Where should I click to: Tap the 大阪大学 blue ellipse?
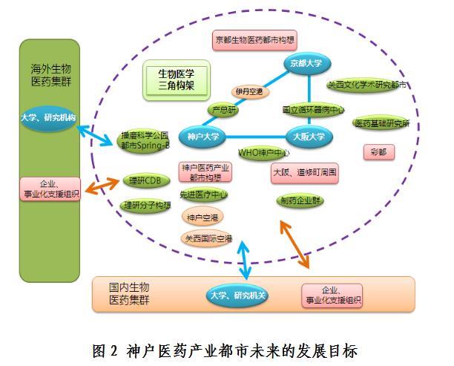(x=309, y=137)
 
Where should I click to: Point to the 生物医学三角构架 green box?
(x=176, y=80)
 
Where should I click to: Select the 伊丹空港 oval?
(x=249, y=91)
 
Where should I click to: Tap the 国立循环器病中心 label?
(x=313, y=109)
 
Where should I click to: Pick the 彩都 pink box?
(x=378, y=151)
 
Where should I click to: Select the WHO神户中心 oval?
(x=263, y=153)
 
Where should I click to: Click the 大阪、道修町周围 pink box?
(x=304, y=173)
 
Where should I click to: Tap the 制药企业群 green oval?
(x=300, y=200)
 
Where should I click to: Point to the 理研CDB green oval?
(x=142, y=180)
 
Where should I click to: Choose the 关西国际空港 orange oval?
(x=208, y=238)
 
